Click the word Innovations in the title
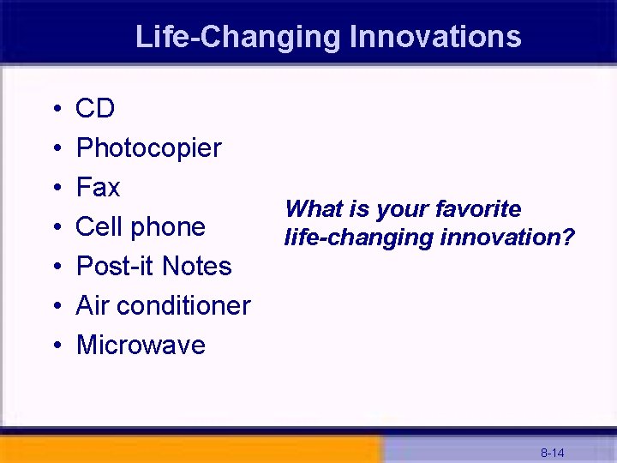point(435,37)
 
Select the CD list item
point(95,109)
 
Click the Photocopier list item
point(148,148)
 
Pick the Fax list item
point(98,188)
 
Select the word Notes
point(198,267)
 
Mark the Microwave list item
point(141,346)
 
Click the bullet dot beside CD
point(55,110)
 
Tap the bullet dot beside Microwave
point(55,346)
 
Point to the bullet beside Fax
point(55,189)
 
